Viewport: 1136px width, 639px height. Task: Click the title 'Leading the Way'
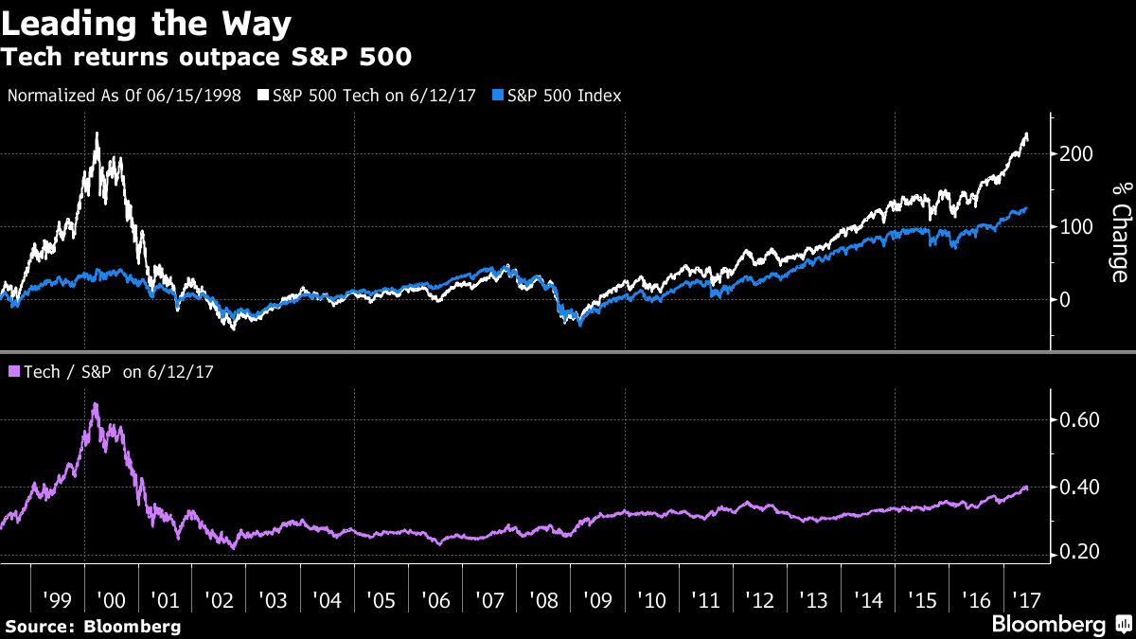tap(146, 22)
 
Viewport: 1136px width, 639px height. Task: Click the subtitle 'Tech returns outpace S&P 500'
tap(206, 57)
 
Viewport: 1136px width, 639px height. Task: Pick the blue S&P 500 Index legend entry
tap(559, 96)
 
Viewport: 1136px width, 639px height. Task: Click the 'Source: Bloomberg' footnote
tap(93, 626)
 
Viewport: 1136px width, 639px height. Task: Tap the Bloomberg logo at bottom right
tap(1048, 625)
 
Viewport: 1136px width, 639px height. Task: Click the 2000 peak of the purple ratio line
tap(96, 405)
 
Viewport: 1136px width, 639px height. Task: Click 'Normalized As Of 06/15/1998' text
tap(124, 96)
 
